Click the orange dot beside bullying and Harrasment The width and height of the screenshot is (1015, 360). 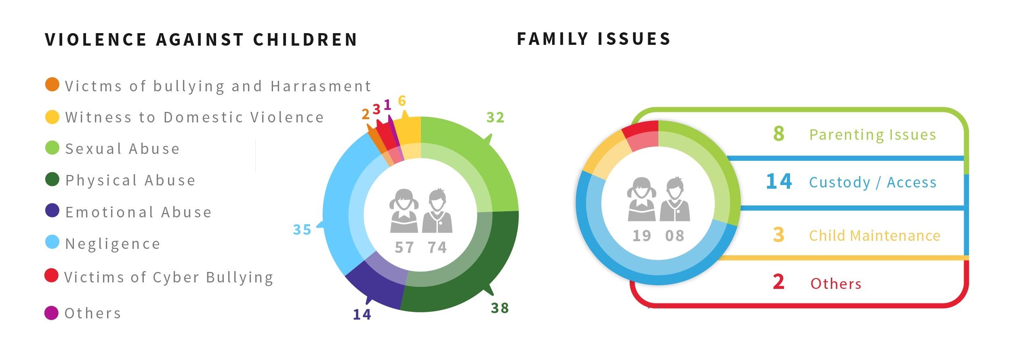(x=52, y=84)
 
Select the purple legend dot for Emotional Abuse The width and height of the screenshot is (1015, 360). (x=52, y=211)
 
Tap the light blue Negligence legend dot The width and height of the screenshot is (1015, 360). (x=52, y=242)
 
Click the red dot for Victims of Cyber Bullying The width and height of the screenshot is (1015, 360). (x=51, y=276)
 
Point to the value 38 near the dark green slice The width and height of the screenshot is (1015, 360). (x=500, y=308)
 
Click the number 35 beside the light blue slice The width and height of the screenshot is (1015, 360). (x=302, y=230)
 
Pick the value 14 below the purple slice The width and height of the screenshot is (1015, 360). (x=362, y=314)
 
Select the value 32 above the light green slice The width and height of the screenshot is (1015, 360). (x=495, y=118)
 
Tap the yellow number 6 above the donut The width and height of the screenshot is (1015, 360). (x=402, y=101)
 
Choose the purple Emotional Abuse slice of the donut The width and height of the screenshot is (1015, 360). (x=374, y=283)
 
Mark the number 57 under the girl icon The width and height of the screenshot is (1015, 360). (x=404, y=247)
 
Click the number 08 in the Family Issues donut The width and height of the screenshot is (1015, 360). (x=675, y=236)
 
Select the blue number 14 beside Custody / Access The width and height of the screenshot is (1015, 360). (x=779, y=181)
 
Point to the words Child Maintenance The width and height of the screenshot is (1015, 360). (x=874, y=236)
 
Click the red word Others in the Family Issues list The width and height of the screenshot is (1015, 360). (x=836, y=284)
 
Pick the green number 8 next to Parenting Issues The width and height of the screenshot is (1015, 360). (x=779, y=134)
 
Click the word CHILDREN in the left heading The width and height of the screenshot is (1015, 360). (x=305, y=40)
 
